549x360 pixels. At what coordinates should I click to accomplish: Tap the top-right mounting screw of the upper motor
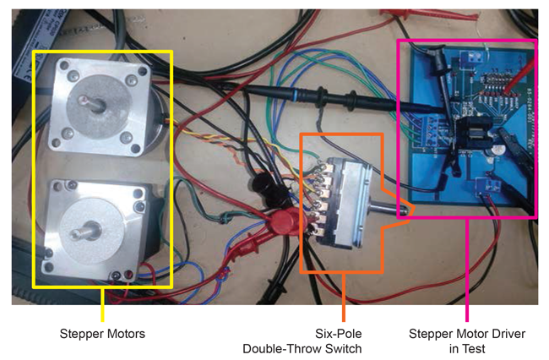(132, 80)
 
